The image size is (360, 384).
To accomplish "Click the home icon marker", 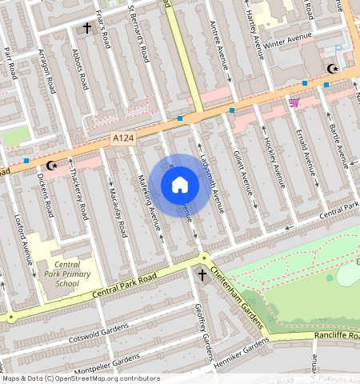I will point(180,185).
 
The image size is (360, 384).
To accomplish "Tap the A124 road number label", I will point(121,139).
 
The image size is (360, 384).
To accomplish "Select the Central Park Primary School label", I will point(67,274).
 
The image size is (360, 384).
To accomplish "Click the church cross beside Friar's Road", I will point(87,28).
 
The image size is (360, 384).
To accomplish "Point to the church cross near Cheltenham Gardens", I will point(202,276).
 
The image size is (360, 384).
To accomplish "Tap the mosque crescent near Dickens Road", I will point(53,166).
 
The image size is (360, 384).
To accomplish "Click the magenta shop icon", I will point(294,102).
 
